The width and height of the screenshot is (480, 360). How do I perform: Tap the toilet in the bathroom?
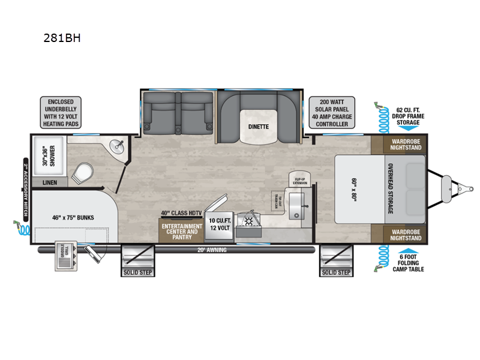(x=82, y=174)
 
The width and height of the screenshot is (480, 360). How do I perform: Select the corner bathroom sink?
(x=116, y=146)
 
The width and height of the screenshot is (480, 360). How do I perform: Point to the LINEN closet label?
(x=50, y=182)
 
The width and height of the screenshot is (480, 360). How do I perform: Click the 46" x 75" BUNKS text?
(x=68, y=217)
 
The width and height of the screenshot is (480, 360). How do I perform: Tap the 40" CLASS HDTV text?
(x=182, y=213)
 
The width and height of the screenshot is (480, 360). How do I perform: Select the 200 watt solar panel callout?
(x=332, y=112)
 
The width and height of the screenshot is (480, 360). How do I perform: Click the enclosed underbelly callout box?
(x=62, y=112)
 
